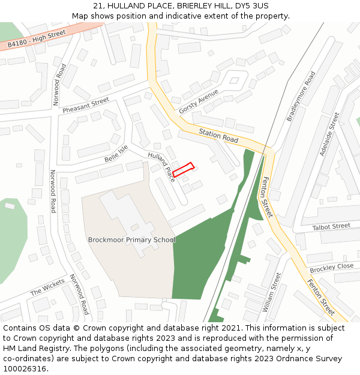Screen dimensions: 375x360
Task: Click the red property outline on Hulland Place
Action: pos(184,170)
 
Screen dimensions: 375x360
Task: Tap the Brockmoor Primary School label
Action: pos(131,240)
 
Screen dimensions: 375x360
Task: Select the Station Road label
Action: pos(218,136)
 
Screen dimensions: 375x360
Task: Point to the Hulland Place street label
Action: pos(161,166)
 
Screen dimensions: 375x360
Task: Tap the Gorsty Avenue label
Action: pos(199,101)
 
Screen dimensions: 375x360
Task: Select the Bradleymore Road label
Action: pos(301,97)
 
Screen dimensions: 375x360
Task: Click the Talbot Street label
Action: pos(331,227)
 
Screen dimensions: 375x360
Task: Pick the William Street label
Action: pos(271,292)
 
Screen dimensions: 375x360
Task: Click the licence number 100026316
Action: pos(25,368)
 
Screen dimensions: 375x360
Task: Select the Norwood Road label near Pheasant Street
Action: pos(59,85)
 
